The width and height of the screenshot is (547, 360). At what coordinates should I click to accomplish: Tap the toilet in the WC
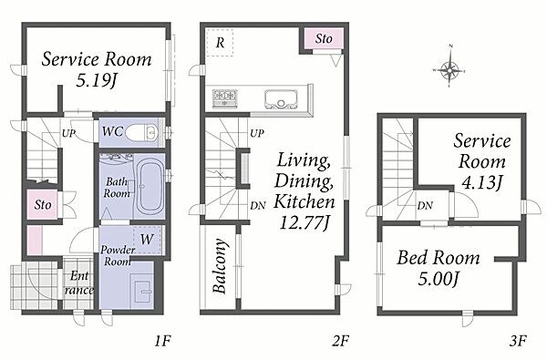pos(141,132)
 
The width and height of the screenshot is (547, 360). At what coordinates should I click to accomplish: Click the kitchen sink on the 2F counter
pos(281,99)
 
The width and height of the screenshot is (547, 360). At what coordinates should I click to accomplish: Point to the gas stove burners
pos(225,97)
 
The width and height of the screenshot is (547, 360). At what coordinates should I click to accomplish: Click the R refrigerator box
pos(220,43)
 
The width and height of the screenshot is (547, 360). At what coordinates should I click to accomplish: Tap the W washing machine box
pos(147,240)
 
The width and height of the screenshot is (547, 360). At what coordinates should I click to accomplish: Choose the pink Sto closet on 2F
pos(324,38)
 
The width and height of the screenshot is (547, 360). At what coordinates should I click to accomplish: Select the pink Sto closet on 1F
pos(43,204)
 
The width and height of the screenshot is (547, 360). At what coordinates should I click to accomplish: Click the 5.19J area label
pos(96,81)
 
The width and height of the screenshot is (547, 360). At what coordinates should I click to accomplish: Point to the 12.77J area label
pos(304,223)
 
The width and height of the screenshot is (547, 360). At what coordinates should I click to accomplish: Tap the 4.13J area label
pos(481,182)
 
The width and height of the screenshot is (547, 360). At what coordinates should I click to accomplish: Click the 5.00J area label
pos(438,279)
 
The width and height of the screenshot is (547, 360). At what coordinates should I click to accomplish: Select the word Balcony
pos(220,266)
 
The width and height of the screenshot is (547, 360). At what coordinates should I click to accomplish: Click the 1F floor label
pos(162,341)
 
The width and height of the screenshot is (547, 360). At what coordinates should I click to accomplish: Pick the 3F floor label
pos(517,341)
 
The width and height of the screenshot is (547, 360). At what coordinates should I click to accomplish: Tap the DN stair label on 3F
pos(425,206)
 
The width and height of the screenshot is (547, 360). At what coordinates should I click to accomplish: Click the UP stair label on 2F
pos(257,133)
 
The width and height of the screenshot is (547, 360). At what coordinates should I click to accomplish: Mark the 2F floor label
pos(340,341)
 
